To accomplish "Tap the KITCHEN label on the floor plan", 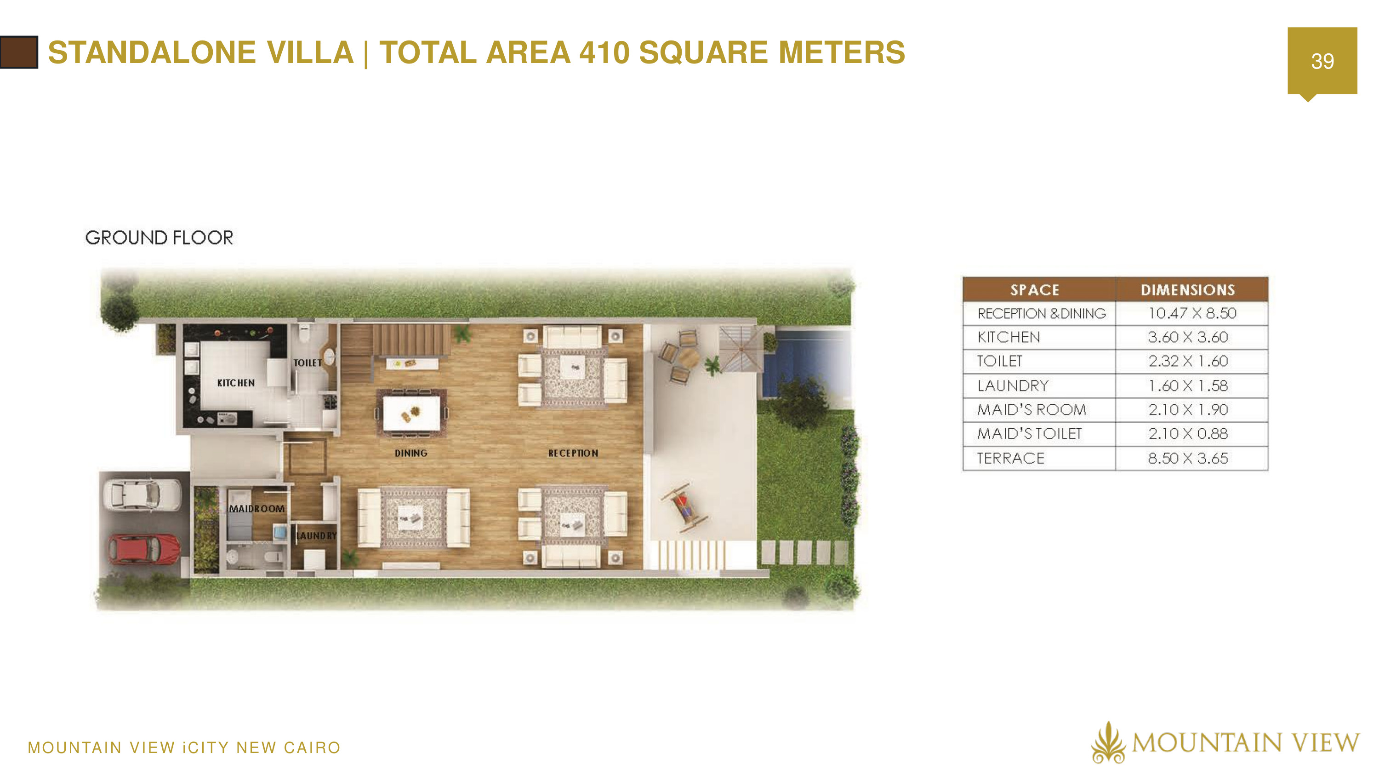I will pyautogui.click(x=235, y=383).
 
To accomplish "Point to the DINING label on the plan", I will pyautogui.click(x=410, y=453).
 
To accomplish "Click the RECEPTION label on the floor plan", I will pyautogui.click(x=573, y=453).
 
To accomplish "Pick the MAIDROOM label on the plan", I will pyautogui.click(x=256, y=509).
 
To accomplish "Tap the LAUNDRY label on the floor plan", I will pyautogui.click(x=316, y=535).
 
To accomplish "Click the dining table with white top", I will pyautogui.click(x=411, y=412).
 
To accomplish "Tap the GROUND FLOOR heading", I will pyautogui.click(x=159, y=238).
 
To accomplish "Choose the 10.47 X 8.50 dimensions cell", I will pyautogui.click(x=1191, y=313).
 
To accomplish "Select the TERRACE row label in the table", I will pyautogui.click(x=1010, y=459).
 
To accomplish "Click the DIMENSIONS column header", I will pyautogui.click(x=1187, y=290).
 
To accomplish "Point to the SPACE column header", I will pyautogui.click(x=1034, y=290).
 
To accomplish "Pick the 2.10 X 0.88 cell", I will pyautogui.click(x=1187, y=434).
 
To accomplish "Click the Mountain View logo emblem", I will pyautogui.click(x=1108, y=743).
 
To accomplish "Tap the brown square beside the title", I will pyautogui.click(x=19, y=52).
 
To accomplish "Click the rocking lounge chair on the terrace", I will pyautogui.click(x=684, y=506).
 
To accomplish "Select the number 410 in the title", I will pyautogui.click(x=604, y=52).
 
